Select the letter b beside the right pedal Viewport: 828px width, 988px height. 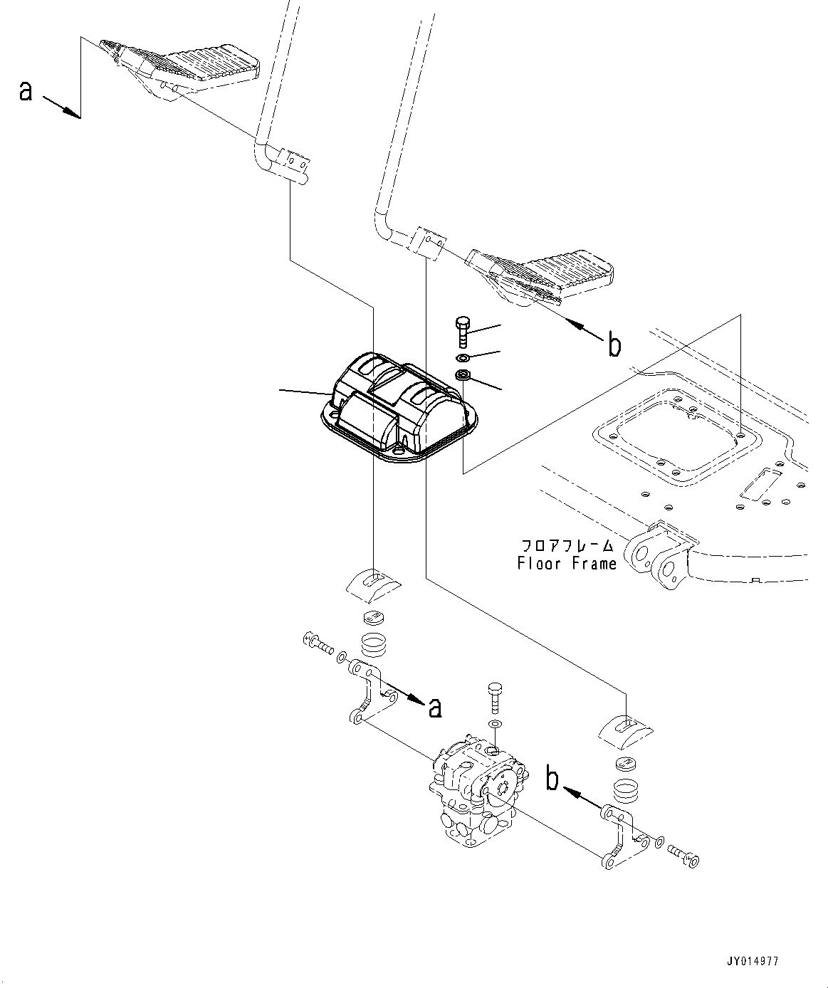(x=614, y=345)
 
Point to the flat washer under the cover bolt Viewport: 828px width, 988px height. (x=461, y=357)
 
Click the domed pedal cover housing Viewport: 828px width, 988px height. (x=395, y=413)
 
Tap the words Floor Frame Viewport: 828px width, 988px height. (x=567, y=563)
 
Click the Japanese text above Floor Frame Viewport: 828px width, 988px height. (x=567, y=546)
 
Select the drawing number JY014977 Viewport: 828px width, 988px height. (x=754, y=961)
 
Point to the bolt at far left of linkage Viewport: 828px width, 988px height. (x=318, y=643)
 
